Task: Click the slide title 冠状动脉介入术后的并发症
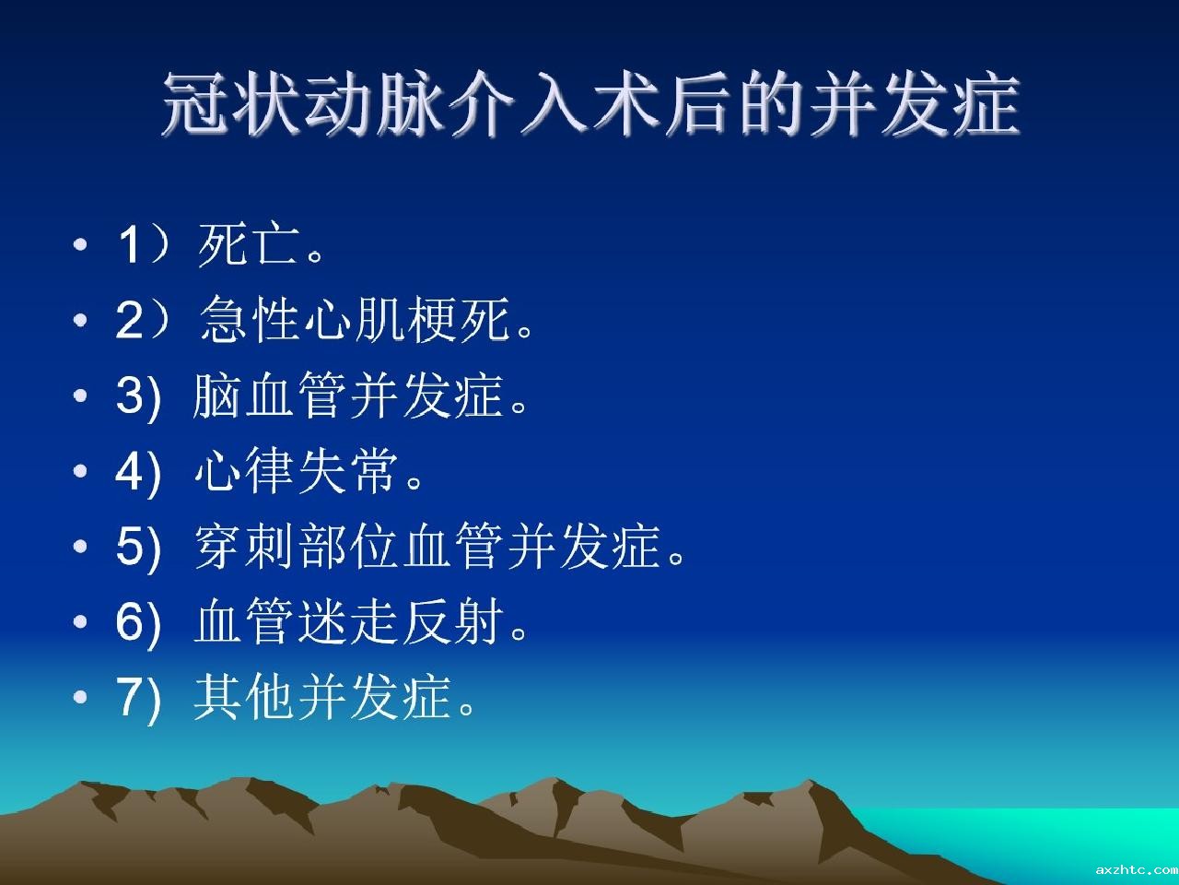(590, 103)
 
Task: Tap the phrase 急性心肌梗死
(356, 319)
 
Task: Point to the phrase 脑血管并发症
(349, 395)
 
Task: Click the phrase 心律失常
(297, 471)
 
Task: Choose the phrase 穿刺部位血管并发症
(427, 547)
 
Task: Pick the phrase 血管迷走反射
(349, 621)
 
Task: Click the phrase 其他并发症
(322, 698)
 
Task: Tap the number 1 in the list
(129, 245)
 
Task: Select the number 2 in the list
(130, 319)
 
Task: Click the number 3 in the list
(130, 395)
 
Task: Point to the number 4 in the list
(130, 471)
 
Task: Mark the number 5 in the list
(130, 547)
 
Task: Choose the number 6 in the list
(130, 622)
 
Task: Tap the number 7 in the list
(130, 698)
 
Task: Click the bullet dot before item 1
(80, 245)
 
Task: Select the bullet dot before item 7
(80, 698)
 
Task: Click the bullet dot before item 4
(80, 471)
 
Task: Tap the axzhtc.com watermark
(1137, 869)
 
